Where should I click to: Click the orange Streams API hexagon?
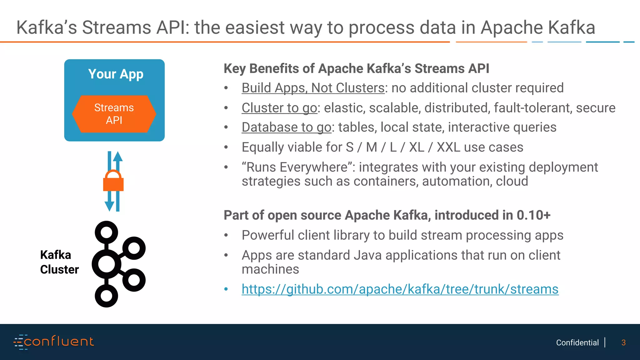click(x=114, y=114)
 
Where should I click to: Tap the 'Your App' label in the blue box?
click(x=116, y=74)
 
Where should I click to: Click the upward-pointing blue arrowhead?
click(x=117, y=156)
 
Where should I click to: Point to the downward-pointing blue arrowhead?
click(x=109, y=206)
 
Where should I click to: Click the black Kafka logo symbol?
click(x=119, y=264)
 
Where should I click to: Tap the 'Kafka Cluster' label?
click(x=59, y=262)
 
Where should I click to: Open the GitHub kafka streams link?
click(x=400, y=289)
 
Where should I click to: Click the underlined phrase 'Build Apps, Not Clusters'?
click(x=313, y=88)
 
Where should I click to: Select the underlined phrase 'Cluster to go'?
click(x=279, y=108)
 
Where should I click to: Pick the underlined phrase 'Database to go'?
click(x=286, y=127)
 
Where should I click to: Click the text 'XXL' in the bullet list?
click(x=448, y=147)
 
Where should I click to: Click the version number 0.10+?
click(x=533, y=215)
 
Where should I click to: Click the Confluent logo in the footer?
click(x=53, y=342)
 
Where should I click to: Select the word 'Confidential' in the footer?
click(x=577, y=343)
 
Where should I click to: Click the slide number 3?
click(x=623, y=343)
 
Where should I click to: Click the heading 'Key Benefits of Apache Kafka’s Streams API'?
click(x=356, y=69)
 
